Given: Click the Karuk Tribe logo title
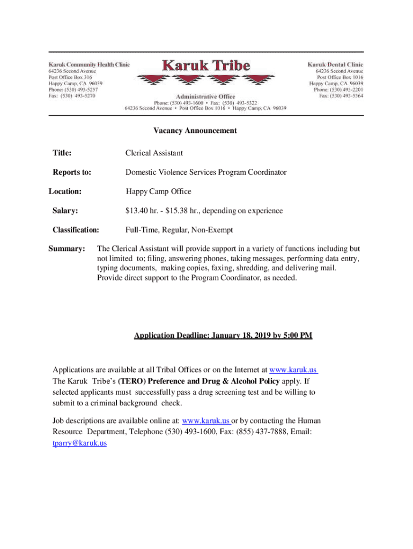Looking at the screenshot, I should coord(206,65).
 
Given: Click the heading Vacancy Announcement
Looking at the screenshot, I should coord(195,130).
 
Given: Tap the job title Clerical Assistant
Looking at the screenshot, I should coord(154,153).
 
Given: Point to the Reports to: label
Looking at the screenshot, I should coord(71,172).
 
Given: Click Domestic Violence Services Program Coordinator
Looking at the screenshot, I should coord(205,172).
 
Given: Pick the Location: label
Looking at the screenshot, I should coord(65,191).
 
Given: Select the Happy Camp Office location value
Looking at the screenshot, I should coord(158,191).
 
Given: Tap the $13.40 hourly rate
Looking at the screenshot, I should coord(141,211).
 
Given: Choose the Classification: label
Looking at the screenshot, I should coord(76,230).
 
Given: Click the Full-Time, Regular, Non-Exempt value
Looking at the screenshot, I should coord(179,230).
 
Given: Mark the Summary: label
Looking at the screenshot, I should coord(67,249).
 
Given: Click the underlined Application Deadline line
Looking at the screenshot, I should coord(223,336).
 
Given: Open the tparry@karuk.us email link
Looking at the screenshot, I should coord(79,443).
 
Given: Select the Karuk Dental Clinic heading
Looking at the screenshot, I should coord(335,64).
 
